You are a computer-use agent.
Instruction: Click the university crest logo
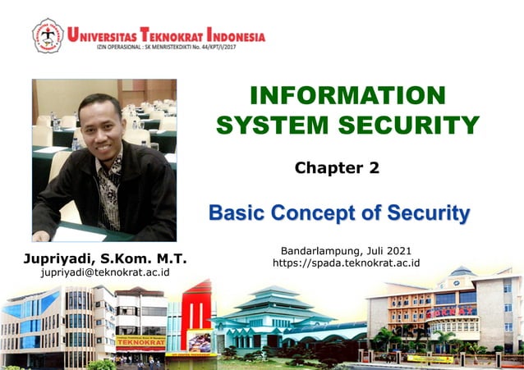[48, 35]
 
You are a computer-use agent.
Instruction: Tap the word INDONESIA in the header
[236, 36]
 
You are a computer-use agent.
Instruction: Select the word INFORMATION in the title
[347, 96]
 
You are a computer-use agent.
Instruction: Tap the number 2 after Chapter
[375, 168]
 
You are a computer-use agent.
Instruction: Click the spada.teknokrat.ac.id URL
[346, 263]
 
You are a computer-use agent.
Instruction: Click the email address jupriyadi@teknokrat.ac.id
[105, 272]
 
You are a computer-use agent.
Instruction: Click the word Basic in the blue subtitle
[236, 214]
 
